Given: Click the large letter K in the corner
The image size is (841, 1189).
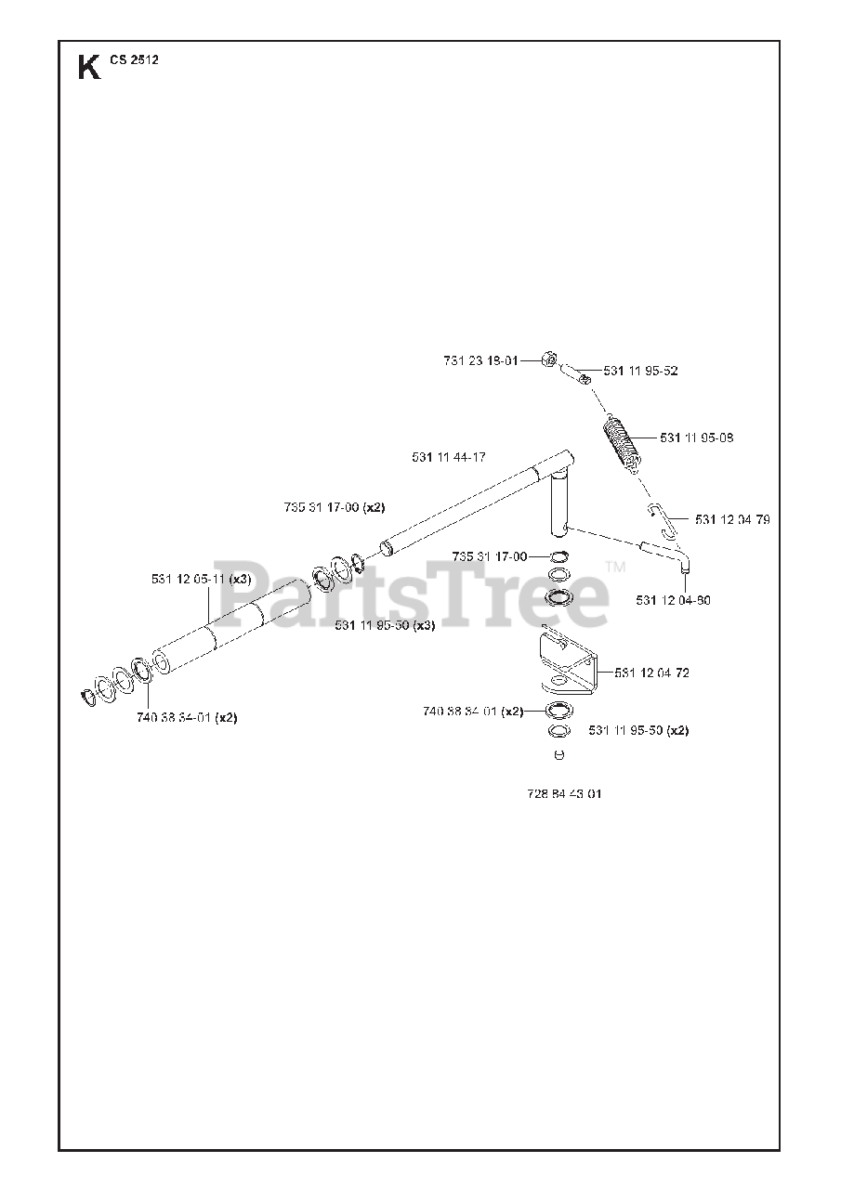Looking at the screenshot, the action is click(x=89, y=68).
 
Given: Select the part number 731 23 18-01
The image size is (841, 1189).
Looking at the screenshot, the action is click(x=480, y=360).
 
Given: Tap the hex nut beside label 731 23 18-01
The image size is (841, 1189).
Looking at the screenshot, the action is click(x=549, y=359).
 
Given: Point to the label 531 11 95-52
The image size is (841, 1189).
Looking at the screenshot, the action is click(x=640, y=371).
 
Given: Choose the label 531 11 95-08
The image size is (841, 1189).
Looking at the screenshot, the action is click(x=696, y=438).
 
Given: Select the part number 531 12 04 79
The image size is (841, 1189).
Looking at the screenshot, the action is click(x=731, y=519).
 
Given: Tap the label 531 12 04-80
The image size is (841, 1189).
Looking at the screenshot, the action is click(x=673, y=600).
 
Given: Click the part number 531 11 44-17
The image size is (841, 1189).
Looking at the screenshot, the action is click(x=449, y=456).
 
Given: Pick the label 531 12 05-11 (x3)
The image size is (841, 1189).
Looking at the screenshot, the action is click(x=201, y=579).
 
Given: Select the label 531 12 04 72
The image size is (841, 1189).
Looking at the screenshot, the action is click(x=651, y=672).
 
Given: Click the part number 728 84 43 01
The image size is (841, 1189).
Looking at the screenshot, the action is click(x=564, y=794).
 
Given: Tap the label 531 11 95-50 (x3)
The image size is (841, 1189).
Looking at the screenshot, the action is click(x=385, y=625).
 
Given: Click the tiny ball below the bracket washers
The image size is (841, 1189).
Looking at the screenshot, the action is click(x=558, y=754).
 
